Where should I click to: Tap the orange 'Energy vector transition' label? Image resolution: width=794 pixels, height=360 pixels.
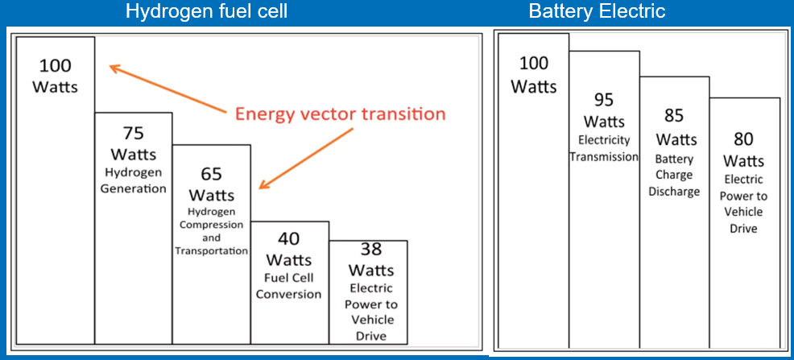point(340,114)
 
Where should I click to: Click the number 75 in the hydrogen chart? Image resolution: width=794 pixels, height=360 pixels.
point(133,133)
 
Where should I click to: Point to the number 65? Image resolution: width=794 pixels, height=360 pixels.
point(211,174)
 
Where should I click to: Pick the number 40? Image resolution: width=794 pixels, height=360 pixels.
point(288,239)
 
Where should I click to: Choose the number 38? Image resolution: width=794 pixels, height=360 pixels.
point(367,250)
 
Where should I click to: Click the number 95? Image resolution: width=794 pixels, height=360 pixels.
point(604,100)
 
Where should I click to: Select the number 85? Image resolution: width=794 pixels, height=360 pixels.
point(674,116)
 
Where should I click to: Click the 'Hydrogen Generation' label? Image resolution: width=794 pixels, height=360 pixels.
point(133,181)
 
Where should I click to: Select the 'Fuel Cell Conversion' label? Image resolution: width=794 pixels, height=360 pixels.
point(288,286)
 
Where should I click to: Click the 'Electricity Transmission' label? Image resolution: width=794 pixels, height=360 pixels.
point(604,148)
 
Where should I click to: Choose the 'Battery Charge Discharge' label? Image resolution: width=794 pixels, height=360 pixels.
point(674,176)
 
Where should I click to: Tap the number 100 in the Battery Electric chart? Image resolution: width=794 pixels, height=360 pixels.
point(533,64)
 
